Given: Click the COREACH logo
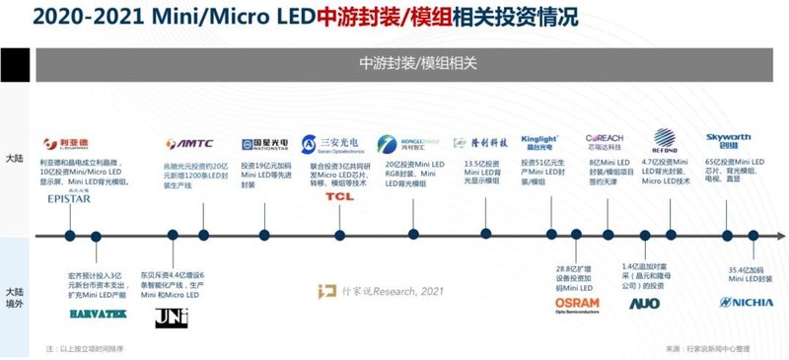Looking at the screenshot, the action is click(603, 140).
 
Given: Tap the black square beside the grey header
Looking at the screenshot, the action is click(14, 64).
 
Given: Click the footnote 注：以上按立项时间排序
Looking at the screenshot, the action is click(90, 349).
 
